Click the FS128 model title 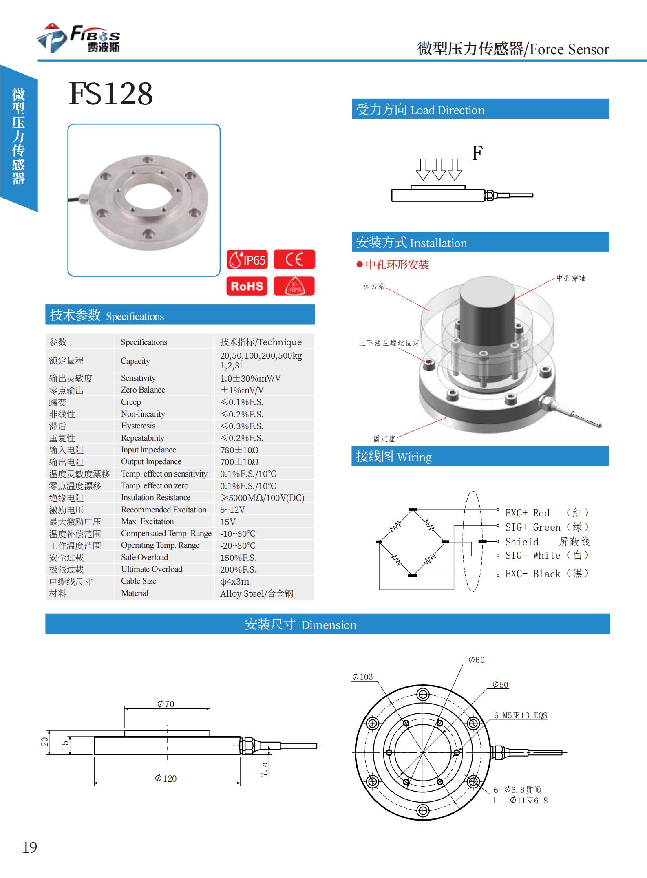(x=110, y=94)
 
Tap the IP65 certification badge (x=247, y=260)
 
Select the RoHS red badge (x=247, y=286)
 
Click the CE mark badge (x=294, y=260)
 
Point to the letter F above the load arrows (x=477, y=153)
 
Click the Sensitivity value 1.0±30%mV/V (x=250, y=378)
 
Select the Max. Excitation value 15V (x=228, y=522)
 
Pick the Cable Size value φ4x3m (x=234, y=582)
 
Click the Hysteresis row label (x=138, y=426)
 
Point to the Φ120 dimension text (x=166, y=779)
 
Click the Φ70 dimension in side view (x=166, y=704)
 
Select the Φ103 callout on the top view (x=362, y=677)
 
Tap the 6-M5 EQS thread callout (x=520, y=715)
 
